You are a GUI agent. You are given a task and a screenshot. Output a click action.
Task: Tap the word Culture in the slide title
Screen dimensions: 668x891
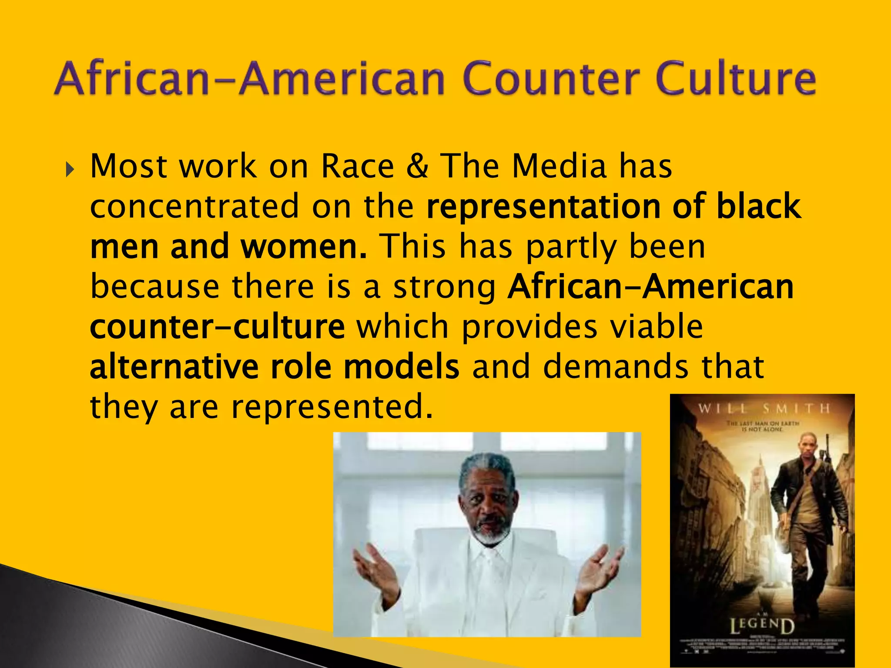click(735, 79)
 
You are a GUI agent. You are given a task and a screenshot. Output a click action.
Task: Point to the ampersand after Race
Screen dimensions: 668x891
click(417, 167)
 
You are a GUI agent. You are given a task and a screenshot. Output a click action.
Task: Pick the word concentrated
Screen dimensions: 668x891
click(194, 207)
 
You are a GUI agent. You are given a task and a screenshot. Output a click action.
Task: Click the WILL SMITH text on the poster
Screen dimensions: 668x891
click(764, 408)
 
